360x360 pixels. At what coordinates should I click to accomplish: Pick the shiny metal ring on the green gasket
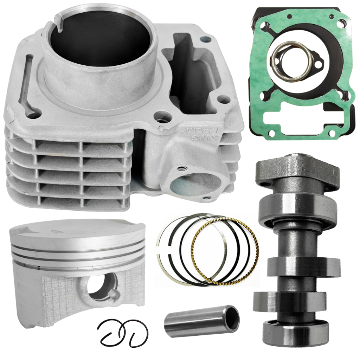click(291, 62)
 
